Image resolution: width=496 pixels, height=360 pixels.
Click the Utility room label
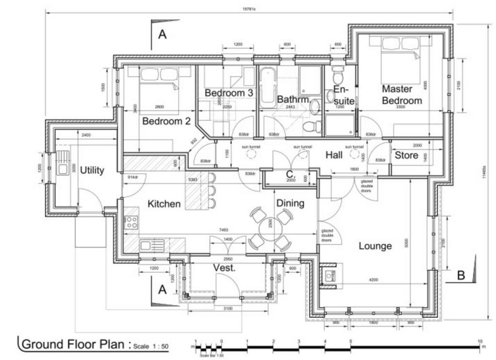(x=92, y=171)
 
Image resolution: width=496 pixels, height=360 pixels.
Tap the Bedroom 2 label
(x=166, y=121)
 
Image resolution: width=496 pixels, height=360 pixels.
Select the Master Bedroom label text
(x=402, y=95)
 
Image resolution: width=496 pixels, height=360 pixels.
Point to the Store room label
(x=406, y=156)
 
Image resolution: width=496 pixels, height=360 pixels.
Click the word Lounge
(x=375, y=246)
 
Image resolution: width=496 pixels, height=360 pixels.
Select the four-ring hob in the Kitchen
(x=131, y=222)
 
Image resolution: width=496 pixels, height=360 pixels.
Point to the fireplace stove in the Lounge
(x=331, y=276)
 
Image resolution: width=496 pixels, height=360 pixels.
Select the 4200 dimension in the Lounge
(x=373, y=280)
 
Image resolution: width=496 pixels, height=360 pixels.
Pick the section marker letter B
(x=461, y=276)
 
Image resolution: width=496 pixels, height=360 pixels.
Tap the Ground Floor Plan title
(x=75, y=344)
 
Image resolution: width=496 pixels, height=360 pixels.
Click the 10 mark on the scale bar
(x=480, y=342)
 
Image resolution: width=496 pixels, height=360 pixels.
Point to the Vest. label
(x=224, y=268)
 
